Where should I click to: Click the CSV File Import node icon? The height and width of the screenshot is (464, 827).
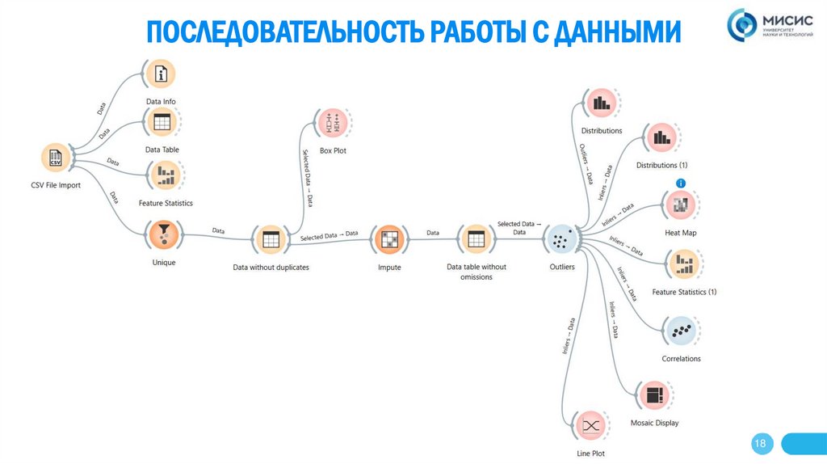point(56,158)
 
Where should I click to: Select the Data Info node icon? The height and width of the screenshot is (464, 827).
point(161,74)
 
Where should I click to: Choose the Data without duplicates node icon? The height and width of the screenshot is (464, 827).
point(270,239)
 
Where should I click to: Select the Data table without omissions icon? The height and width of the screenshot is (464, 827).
point(476,239)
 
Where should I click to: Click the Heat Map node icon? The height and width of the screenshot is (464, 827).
point(680,205)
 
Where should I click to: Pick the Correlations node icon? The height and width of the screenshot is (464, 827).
point(681,331)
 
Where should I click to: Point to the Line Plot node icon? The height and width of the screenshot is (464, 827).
point(590,426)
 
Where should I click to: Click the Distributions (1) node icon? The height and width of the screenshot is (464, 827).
point(661,137)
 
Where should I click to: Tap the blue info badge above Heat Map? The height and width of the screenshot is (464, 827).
point(681,183)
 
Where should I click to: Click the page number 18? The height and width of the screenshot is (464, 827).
point(760,444)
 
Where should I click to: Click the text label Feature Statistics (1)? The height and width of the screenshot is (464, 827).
point(684,292)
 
